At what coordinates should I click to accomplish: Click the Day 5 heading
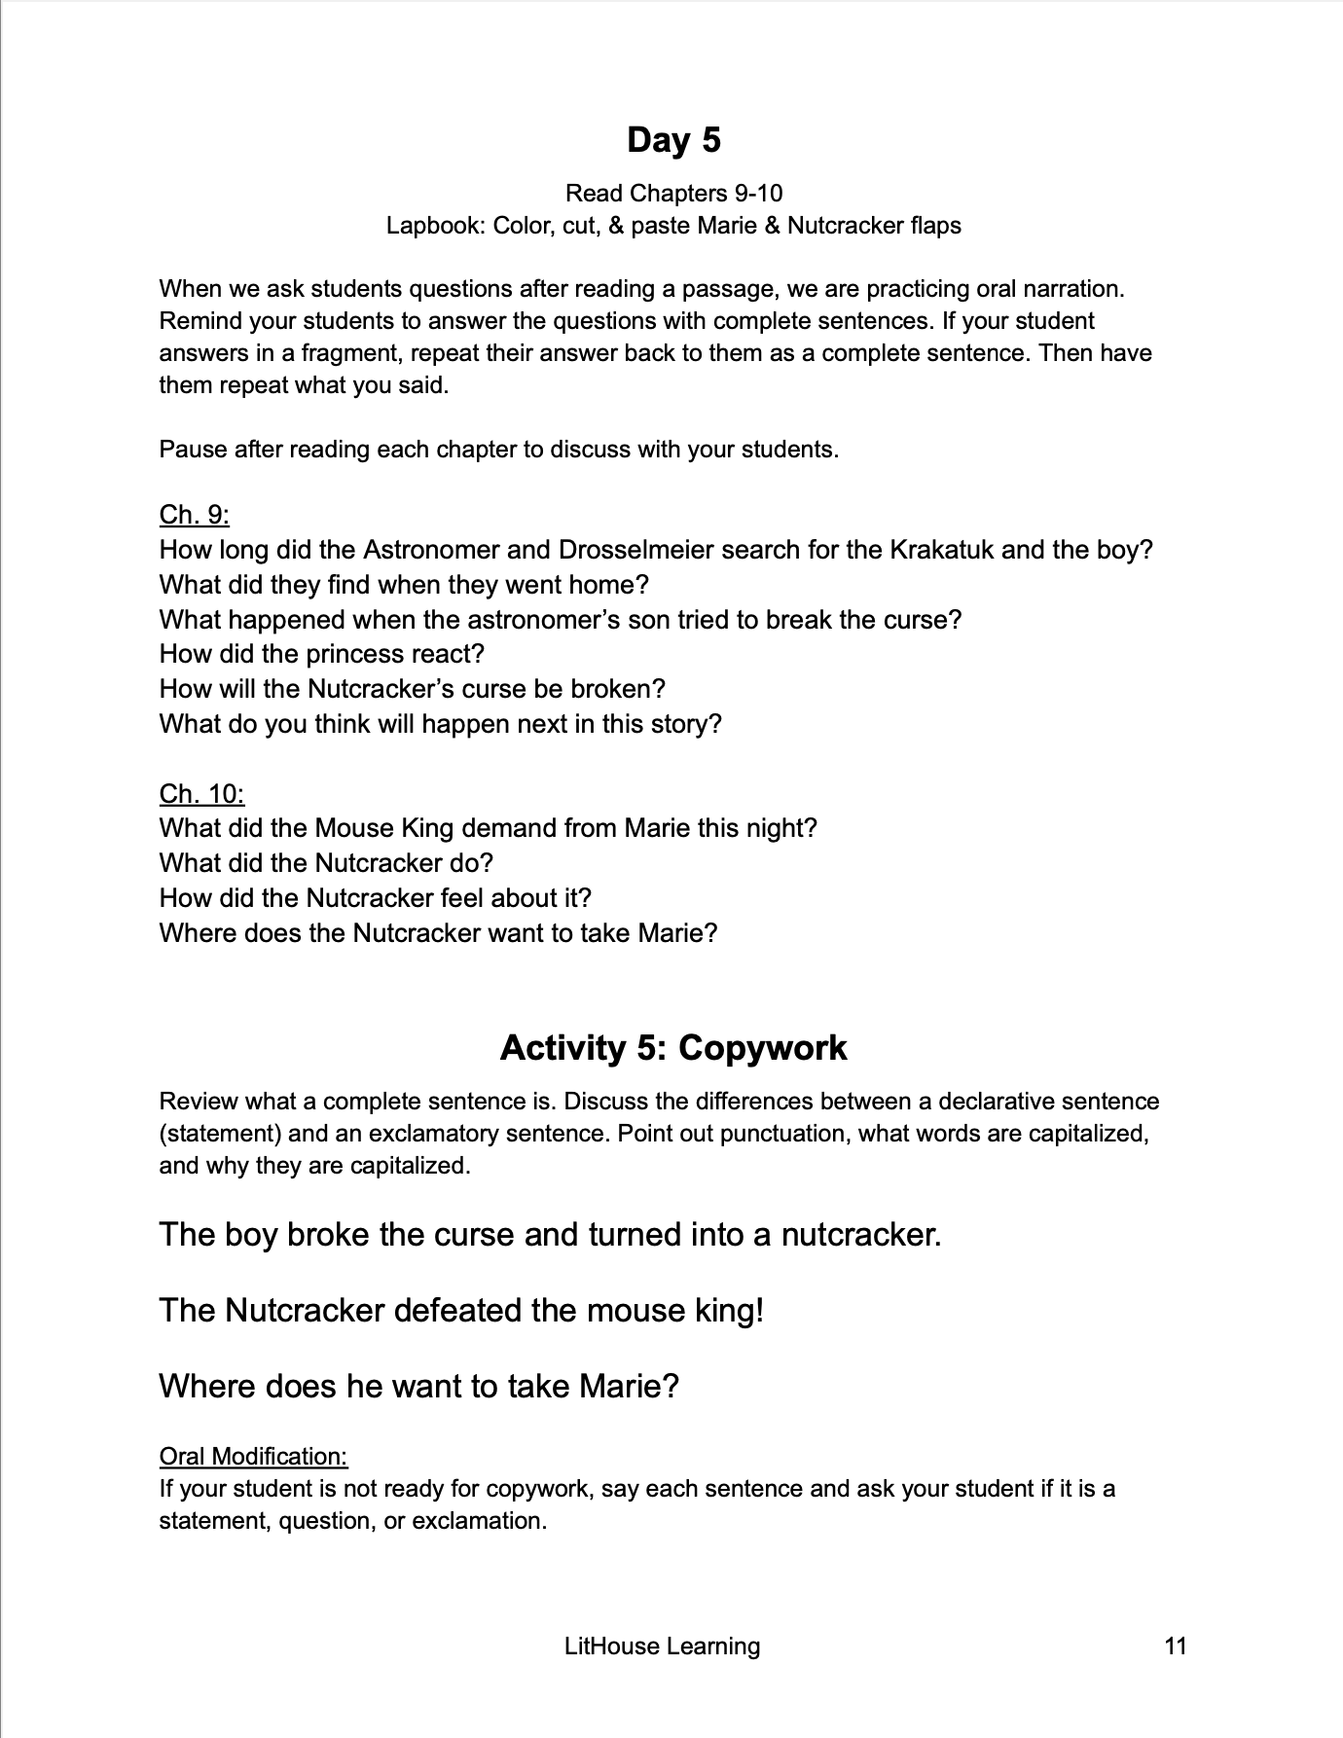pos(673,140)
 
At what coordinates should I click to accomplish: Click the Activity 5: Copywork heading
pos(673,1047)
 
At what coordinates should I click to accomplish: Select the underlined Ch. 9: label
pos(195,515)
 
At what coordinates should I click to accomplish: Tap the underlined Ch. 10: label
pos(201,794)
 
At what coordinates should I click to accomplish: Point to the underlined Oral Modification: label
pos(253,1456)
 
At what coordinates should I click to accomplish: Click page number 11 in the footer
pos(1176,1646)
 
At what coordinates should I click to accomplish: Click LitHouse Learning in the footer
pos(662,1646)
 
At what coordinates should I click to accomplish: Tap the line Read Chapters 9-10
pos(673,193)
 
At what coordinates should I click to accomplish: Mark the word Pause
pos(192,450)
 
